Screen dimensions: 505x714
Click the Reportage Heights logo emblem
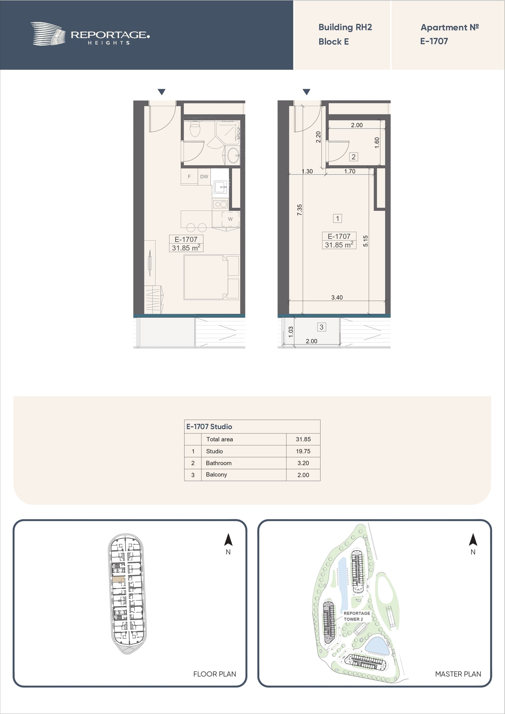tap(48, 34)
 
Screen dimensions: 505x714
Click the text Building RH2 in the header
tap(345, 27)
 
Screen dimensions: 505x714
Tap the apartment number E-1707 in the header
tap(434, 41)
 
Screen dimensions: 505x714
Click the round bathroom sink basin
tap(233, 155)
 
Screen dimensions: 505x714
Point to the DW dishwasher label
tap(204, 177)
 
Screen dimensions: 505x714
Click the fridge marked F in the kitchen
tap(189, 177)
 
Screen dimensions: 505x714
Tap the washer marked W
tap(230, 219)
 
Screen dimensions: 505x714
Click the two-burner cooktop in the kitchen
tap(221, 204)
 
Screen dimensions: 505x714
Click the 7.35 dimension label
tap(299, 210)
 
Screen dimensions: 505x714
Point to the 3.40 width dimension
tap(337, 297)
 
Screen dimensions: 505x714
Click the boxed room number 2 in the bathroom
tap(353, 157)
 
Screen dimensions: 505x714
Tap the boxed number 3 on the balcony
tap(321, 327)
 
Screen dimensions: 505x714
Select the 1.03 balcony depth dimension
tap(291, 332)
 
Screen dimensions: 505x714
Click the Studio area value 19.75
tap(303, 451)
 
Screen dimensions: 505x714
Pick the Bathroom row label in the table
tap(219, 463)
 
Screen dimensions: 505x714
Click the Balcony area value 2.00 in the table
tap(303, 475)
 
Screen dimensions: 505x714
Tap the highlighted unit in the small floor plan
tap(119, 579)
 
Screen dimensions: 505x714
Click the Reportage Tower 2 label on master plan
tap(357, 616)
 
